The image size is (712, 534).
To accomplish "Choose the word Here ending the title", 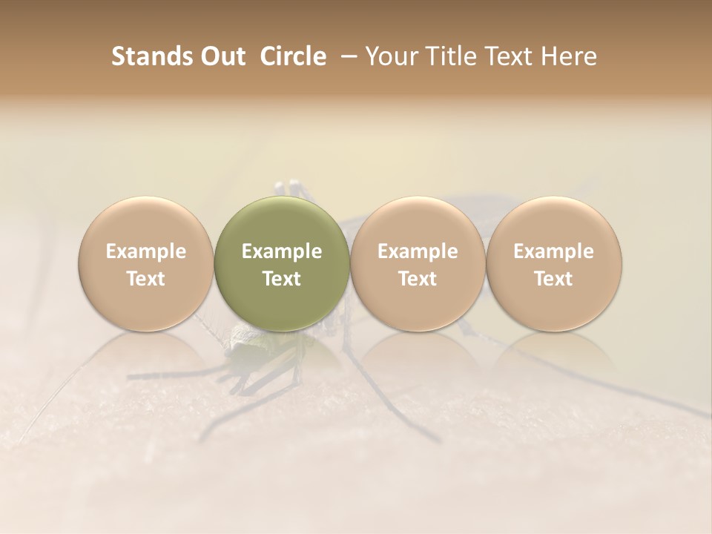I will tap(572, 56).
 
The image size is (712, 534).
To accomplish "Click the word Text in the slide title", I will tap(509, 56).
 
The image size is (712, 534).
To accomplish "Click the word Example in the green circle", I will tap(282, 251).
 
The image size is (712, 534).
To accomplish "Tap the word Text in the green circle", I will tap(282, 279).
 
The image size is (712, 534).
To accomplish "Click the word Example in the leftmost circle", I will tap(146, 251).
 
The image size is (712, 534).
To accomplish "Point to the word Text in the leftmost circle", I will tap(146, 279).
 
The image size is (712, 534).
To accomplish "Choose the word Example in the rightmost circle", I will tap(554, 251).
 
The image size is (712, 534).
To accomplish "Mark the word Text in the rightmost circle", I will tap(554, 279).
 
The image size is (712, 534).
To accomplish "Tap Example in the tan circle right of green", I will tap(418, 251).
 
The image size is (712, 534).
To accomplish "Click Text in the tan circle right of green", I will tap(418, 279).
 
